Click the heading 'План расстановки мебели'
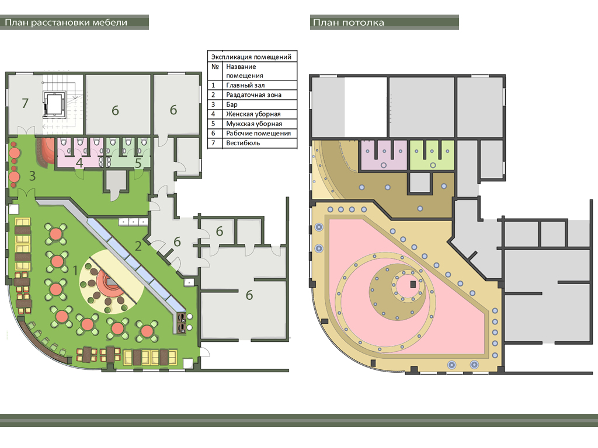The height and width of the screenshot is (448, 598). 66,23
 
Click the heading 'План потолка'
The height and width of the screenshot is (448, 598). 348,23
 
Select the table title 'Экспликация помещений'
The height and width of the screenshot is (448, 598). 251,57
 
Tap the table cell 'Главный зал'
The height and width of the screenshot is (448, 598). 245,85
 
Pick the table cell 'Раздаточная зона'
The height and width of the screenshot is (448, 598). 253,95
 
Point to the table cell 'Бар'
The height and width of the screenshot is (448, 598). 231,104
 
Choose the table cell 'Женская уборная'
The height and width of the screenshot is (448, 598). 253,114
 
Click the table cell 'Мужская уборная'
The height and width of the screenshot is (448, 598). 254,124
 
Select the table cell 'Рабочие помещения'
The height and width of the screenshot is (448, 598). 258,134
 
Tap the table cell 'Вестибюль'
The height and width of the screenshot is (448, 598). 243,143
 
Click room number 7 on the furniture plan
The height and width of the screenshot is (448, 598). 25,103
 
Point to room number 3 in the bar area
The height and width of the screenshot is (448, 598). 33,176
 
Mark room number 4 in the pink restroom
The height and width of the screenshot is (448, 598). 79,163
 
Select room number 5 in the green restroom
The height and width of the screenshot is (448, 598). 138,163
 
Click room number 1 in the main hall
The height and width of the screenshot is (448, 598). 75,271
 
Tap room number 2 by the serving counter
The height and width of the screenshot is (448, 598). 138,246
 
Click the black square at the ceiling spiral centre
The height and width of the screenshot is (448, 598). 413,284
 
